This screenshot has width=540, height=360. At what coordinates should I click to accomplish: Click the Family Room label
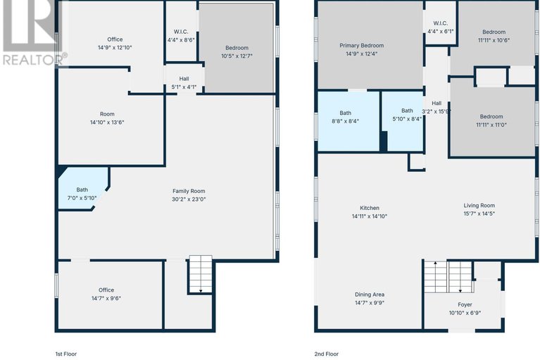(189, 191)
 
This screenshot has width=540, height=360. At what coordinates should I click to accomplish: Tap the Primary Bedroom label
(362, 46)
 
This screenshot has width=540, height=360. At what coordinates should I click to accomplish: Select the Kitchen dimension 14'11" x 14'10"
(370, 216)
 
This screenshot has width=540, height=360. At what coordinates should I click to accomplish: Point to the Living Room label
(479, 205)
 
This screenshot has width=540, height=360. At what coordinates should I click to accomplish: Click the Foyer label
(465, 304)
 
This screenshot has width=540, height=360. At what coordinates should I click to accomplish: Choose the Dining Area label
(370, 294)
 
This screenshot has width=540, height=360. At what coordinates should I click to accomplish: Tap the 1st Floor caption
(65, 354)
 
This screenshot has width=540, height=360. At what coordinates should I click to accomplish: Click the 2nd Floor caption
(326, 354)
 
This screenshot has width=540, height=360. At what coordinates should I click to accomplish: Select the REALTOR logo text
(34, 59)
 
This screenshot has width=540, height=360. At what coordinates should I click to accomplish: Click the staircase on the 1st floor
(201, 275)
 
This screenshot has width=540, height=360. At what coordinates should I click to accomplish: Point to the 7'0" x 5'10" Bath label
(82, 194)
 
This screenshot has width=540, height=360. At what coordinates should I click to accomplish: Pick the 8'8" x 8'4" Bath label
(346, 117)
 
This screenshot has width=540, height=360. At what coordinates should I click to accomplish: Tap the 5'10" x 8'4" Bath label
(407, 115)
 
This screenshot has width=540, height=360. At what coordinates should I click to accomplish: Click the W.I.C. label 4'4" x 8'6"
(181, 36)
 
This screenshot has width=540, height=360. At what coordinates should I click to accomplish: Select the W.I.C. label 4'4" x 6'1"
(441, 27)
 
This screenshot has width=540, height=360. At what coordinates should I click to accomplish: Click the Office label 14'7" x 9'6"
(106, 294)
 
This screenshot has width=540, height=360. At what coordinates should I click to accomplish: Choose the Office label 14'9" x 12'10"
(115, 44)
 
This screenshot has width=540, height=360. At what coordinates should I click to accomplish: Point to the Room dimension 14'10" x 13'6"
(107, 123)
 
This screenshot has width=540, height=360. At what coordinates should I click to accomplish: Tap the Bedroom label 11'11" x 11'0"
(491, 120)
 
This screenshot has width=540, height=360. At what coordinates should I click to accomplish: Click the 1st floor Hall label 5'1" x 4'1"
(184, 83)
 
